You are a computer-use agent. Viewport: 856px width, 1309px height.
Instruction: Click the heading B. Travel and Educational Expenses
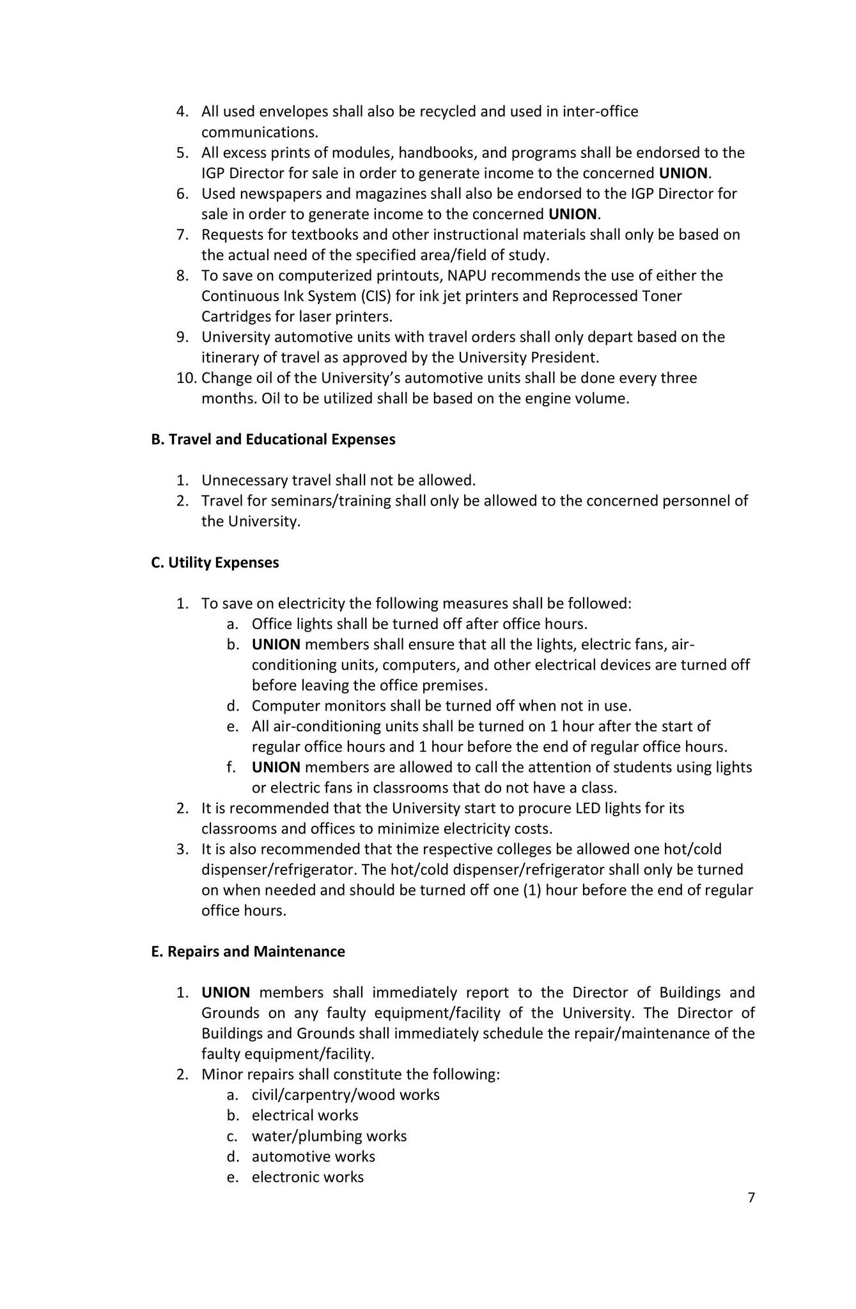(273, 440)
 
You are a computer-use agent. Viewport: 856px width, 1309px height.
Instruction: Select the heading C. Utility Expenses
(215, 562)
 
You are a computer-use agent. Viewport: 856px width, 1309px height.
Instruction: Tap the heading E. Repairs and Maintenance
(248, 952)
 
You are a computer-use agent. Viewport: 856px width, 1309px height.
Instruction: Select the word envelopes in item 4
(292, 112)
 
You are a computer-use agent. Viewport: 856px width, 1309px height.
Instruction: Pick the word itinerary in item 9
(230, 357)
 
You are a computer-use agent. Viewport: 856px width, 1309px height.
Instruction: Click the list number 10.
(185, 378)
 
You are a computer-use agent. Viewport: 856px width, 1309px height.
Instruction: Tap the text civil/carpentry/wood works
(345, 1095)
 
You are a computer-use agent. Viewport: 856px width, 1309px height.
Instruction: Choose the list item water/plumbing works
(329, 1136)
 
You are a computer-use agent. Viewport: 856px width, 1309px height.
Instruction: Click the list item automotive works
(313, 1156)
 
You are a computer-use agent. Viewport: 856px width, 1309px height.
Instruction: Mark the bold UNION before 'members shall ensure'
(276, 644)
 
